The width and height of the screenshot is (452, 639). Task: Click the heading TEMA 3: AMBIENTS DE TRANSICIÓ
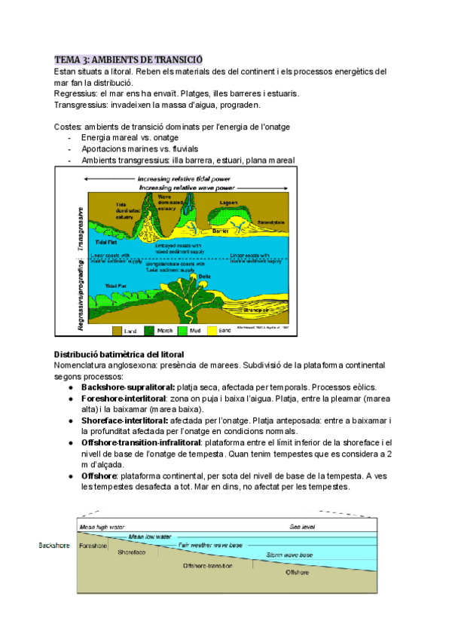point(128,60)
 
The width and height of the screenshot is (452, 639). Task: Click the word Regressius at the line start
point(78,93)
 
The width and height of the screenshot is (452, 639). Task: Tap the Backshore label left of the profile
point(56,544)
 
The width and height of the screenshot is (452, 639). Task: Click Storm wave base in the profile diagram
point(289,555)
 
